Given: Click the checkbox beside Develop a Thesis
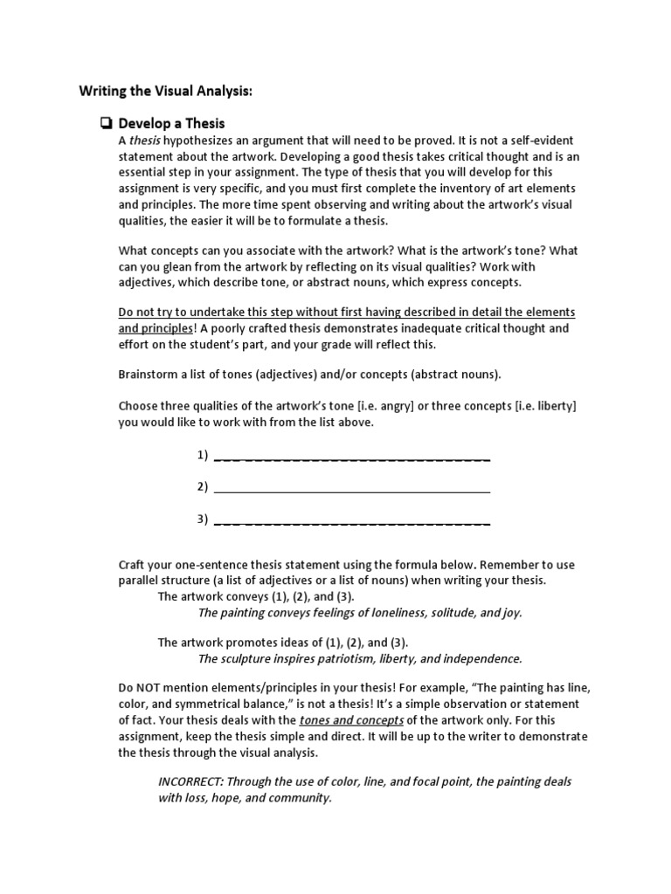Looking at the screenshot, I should [107, 124].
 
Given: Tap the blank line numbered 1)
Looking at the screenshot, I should [351, 457].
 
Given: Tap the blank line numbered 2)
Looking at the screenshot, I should [351, 488].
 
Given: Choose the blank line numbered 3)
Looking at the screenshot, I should [351, 521].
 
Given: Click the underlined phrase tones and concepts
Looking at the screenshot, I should [351, 720].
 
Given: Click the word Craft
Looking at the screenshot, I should [134, 564].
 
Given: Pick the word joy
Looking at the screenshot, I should [510, 613].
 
